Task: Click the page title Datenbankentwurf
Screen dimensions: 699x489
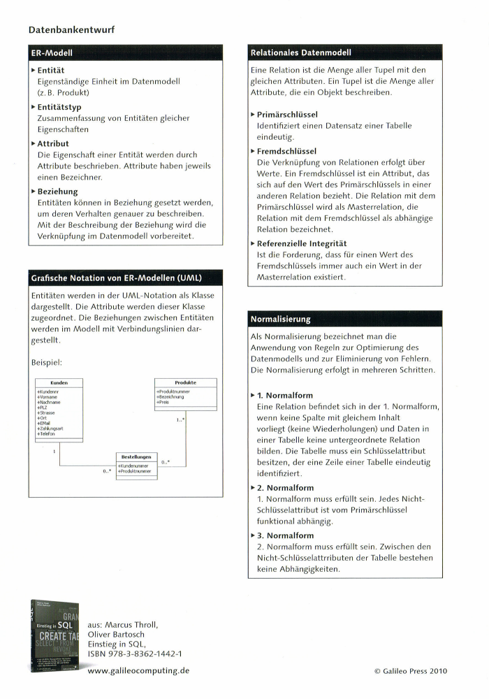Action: (72, 30)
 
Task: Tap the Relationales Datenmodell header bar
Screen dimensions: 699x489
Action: (301, 53)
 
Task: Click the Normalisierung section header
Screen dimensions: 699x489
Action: (280, 319)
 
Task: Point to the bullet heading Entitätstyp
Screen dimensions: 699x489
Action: (59, 107)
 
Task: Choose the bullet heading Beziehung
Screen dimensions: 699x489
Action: (57, 191)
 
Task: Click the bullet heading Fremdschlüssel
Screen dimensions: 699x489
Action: (286, 151)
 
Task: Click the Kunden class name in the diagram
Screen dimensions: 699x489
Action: (59, 383)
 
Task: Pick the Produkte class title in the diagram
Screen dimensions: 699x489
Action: (185, 383)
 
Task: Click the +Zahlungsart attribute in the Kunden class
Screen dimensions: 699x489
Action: (50, 427)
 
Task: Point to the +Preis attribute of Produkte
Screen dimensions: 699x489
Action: (163, 402)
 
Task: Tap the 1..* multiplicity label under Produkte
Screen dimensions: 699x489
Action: (180, 420)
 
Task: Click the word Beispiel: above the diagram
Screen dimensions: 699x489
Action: (46, 363)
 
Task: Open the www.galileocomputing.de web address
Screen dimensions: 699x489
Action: (139, 672)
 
